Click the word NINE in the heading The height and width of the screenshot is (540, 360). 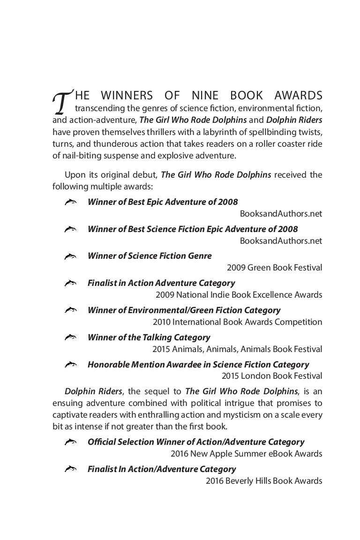pyautogui.click(x=210, y=96)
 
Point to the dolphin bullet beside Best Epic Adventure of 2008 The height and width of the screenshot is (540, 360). pyautogui.click(x=70, y=202)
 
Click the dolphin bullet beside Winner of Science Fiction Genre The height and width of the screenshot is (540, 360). pyautogui.click(x=70, y=256)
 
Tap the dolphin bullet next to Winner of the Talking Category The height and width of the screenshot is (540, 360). pyautogui.click(x=70, y=337)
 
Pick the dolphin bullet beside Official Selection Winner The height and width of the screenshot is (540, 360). pyautogui.click(x=70, y=442)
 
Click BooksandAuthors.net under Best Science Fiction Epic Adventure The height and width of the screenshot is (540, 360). pyautogui.click(x=281, y=241)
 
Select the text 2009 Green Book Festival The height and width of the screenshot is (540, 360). pyautogui.click(x=274, y=268)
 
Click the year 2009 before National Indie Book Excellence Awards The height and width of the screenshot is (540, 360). pyautogui.click(x=164, y=295)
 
